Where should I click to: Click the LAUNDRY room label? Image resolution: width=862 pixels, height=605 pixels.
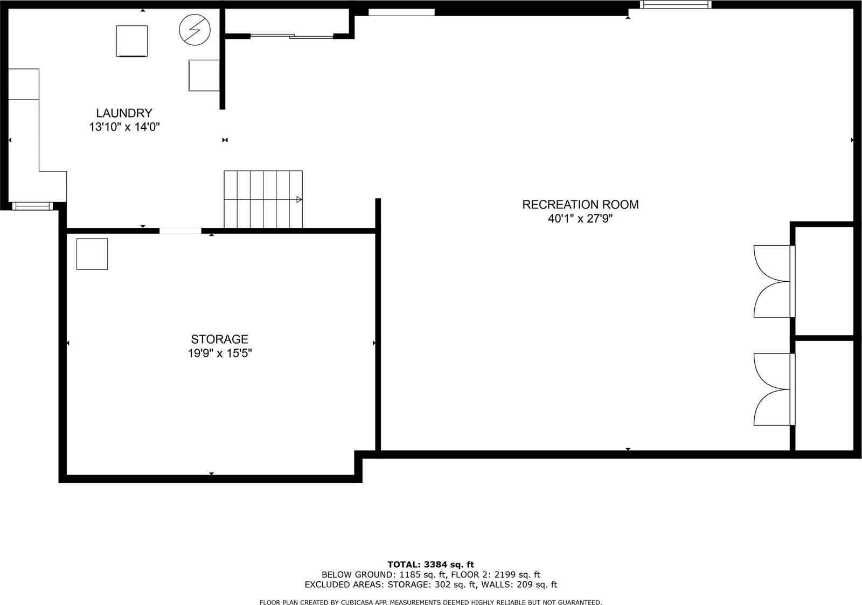tap(124, 113)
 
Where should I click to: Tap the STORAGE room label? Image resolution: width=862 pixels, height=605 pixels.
tap(219, 339)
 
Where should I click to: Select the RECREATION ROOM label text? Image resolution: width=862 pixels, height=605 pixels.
tap(580, 205)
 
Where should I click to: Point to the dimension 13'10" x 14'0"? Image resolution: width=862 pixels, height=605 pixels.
tap(125, 128)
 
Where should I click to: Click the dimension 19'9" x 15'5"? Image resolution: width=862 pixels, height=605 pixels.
tap(219, 354)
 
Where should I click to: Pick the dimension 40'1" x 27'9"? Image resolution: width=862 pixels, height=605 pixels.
tap(580, 219)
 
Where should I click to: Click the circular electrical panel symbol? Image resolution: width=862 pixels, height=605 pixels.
tap(194, 29)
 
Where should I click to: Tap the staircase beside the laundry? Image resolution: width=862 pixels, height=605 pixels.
tap(263, 199)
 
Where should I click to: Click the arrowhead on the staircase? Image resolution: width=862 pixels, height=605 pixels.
tap(299, 199)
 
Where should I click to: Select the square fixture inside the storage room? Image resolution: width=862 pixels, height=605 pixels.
tap(92, 254)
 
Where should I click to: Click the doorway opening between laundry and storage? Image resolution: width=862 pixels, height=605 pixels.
tap(180, 231)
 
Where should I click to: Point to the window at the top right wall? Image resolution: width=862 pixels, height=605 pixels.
tap(675, 5)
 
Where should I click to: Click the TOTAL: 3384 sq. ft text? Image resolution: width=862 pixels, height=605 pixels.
tap(430, 565)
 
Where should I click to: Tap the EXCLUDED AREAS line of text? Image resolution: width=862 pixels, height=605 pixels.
tap(430, 585)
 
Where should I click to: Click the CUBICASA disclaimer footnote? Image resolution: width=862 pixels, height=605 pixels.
tap(430, 602)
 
